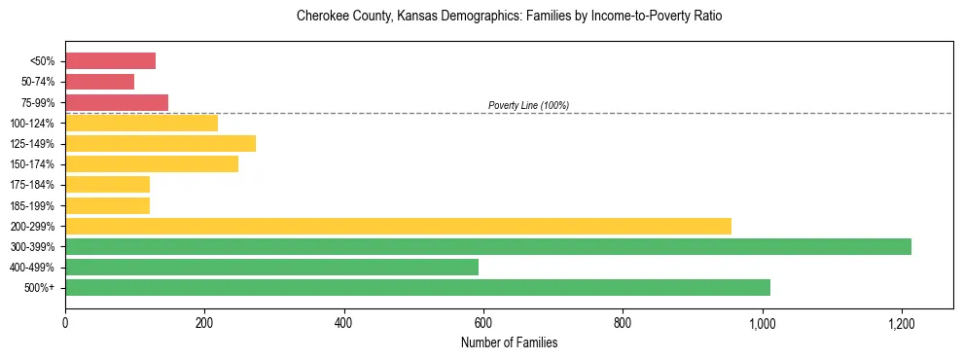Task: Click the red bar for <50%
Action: point(110,61)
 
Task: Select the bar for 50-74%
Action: point(99,82)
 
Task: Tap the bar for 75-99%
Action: point(117,102)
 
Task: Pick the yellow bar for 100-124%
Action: point(141,123)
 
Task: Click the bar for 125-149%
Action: point(160,143)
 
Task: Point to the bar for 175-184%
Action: point(107,185)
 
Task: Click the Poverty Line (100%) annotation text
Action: point(528,105)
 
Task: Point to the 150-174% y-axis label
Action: point(32,164)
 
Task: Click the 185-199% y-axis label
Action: point(32,205)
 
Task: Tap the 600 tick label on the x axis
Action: point(483,320)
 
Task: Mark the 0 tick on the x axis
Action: point(65,320)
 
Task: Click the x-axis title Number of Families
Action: point(509,342)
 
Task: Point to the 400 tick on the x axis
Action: point(343,320)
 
